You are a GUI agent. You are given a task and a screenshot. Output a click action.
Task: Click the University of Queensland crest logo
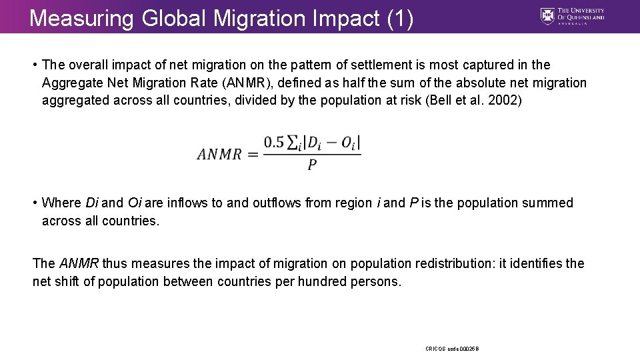pos(547,16)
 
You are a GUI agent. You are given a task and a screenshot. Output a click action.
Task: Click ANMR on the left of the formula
pos(219,154)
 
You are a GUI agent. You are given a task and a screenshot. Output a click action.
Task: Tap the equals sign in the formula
pos(252,154)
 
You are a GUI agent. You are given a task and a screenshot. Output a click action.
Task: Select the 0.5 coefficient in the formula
pos(274,142)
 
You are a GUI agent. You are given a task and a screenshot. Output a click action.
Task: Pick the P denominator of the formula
pos(312,165)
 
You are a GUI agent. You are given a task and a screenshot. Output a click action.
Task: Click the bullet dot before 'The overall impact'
pos(35,65)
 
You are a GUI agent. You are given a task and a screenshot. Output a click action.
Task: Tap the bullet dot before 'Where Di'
pos(35,203)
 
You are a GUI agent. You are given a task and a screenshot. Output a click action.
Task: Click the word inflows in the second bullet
pos(188,203)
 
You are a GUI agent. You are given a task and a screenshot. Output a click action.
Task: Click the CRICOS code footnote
pos(453,349)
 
